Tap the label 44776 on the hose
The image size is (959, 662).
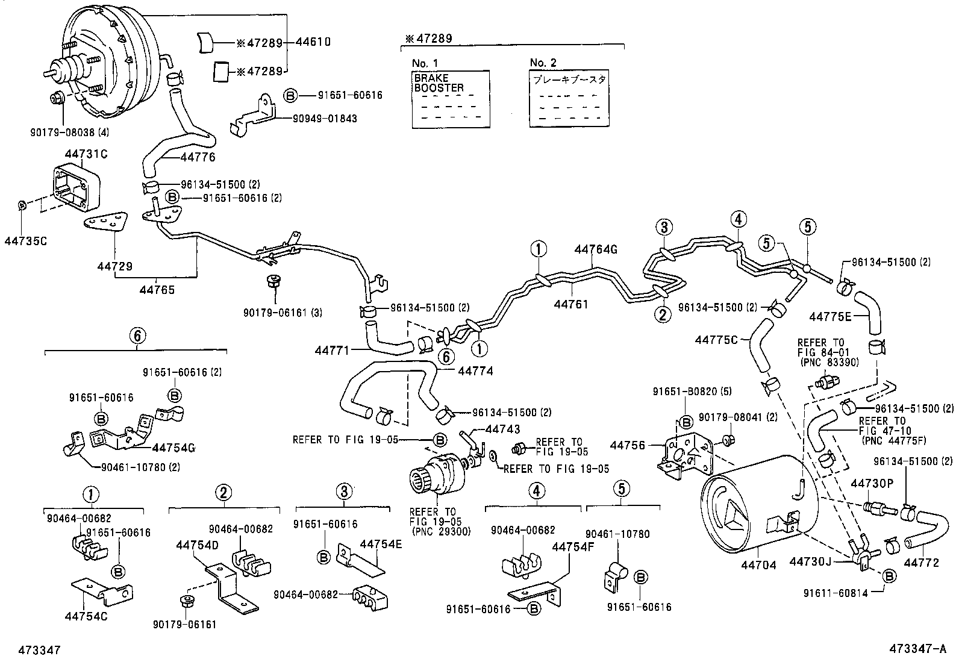pos(198,157)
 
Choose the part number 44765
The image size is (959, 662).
pos(157,290)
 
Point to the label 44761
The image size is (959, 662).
pos(570,305)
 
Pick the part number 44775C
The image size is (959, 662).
pos(716,340)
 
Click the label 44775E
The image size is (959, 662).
pos(830,316)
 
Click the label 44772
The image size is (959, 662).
pos(921,563)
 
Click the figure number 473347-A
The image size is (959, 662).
pos(919,650)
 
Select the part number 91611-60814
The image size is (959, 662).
pos(838,593)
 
